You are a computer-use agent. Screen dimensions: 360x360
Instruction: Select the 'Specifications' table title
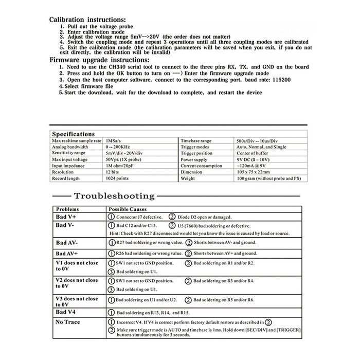pyautogui.click(x=74, y=134)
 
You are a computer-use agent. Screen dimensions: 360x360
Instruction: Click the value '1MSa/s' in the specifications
pyautogui.click(x=114, y=140)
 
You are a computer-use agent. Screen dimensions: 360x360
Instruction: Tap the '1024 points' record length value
pyautogui.click(x=118, y=178)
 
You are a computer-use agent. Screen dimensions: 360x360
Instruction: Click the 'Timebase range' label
pyautogui.click(x=195, y=140)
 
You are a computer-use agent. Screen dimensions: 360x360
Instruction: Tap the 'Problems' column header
pyautogui.click(x=68, y=209)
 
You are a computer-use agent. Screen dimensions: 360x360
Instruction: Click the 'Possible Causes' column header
pyautogui.click(x=128, y=209)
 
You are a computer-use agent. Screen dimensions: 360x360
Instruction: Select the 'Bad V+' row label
pyautogui.click(x=66, y=217)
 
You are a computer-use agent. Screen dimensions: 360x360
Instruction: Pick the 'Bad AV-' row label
pyautogui.click(x=67, y=242)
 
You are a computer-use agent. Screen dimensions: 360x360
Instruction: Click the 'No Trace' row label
pyautogui.click(x=68, y=322)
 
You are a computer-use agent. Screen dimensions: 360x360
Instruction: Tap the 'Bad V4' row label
pyautogui.click(x=66, y=312)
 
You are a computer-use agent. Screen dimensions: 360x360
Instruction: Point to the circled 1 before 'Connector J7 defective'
pyautogui.click(x=111, y=217)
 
